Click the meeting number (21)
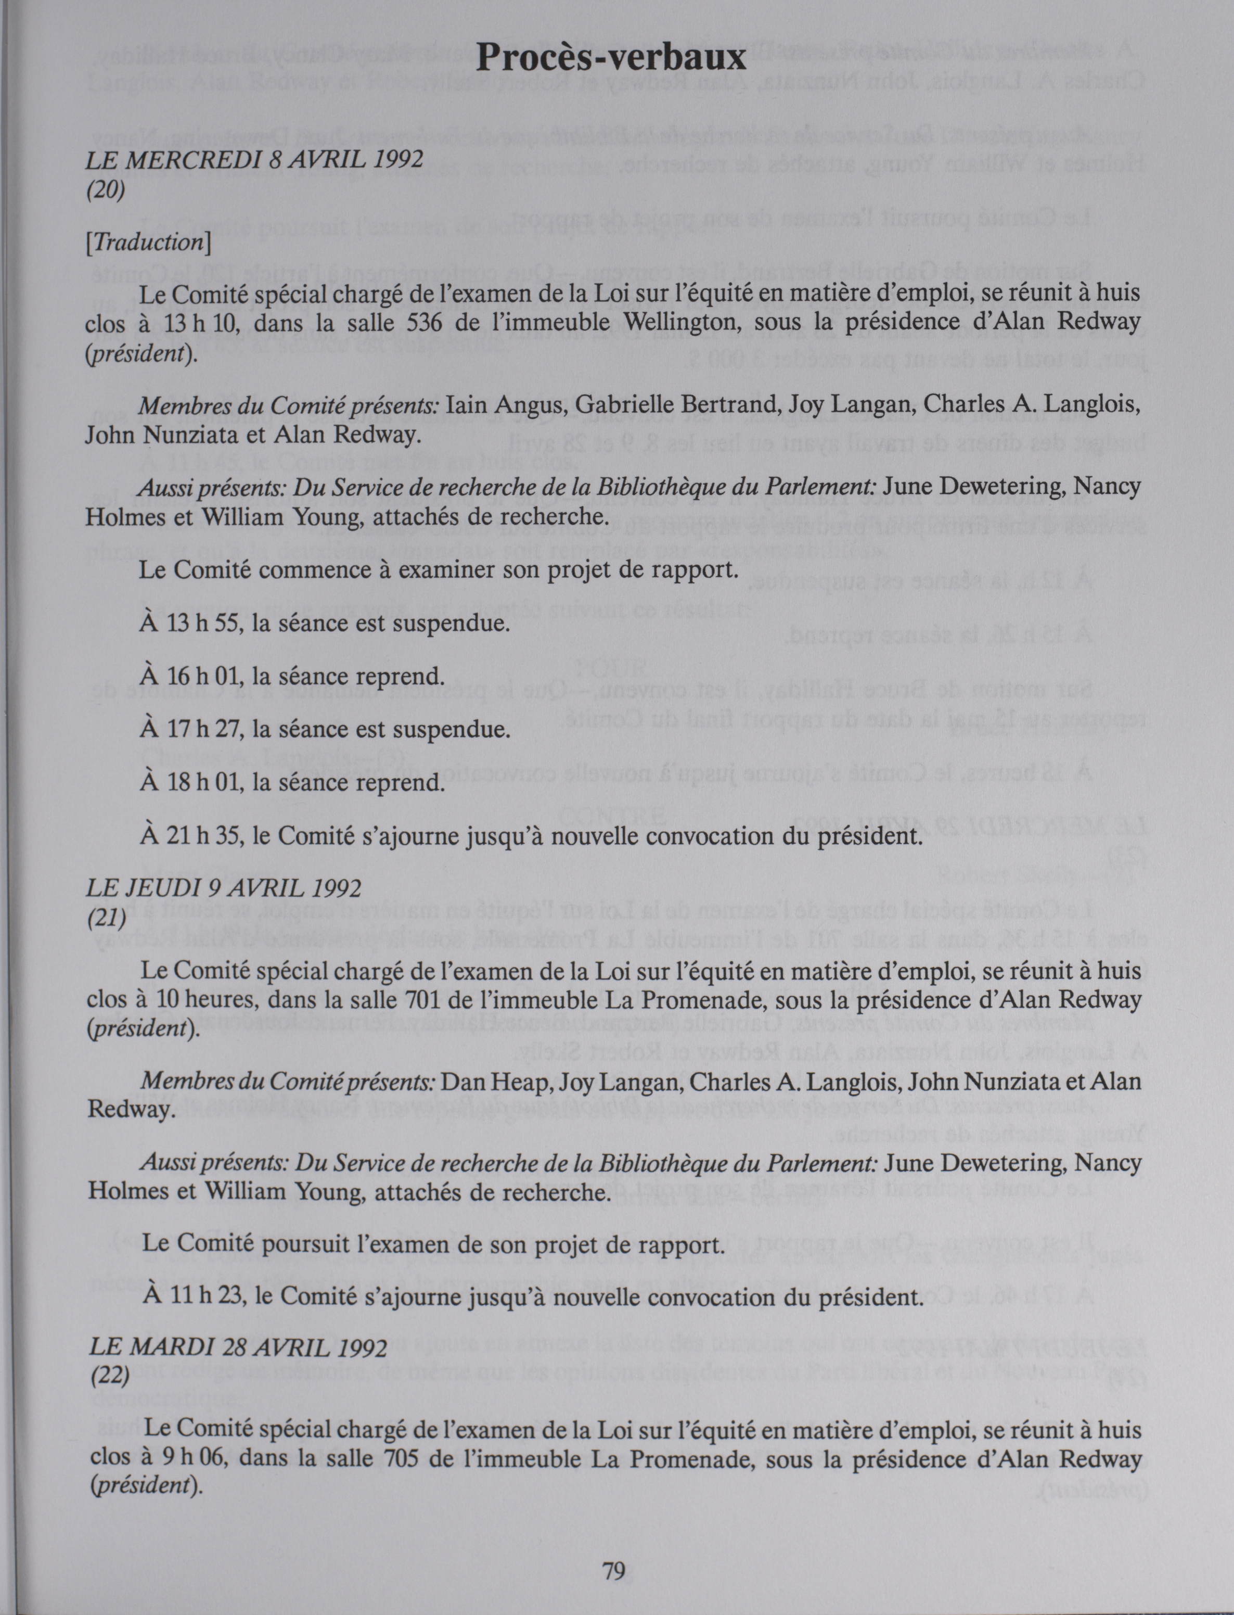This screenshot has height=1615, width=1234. click(107, 919)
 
